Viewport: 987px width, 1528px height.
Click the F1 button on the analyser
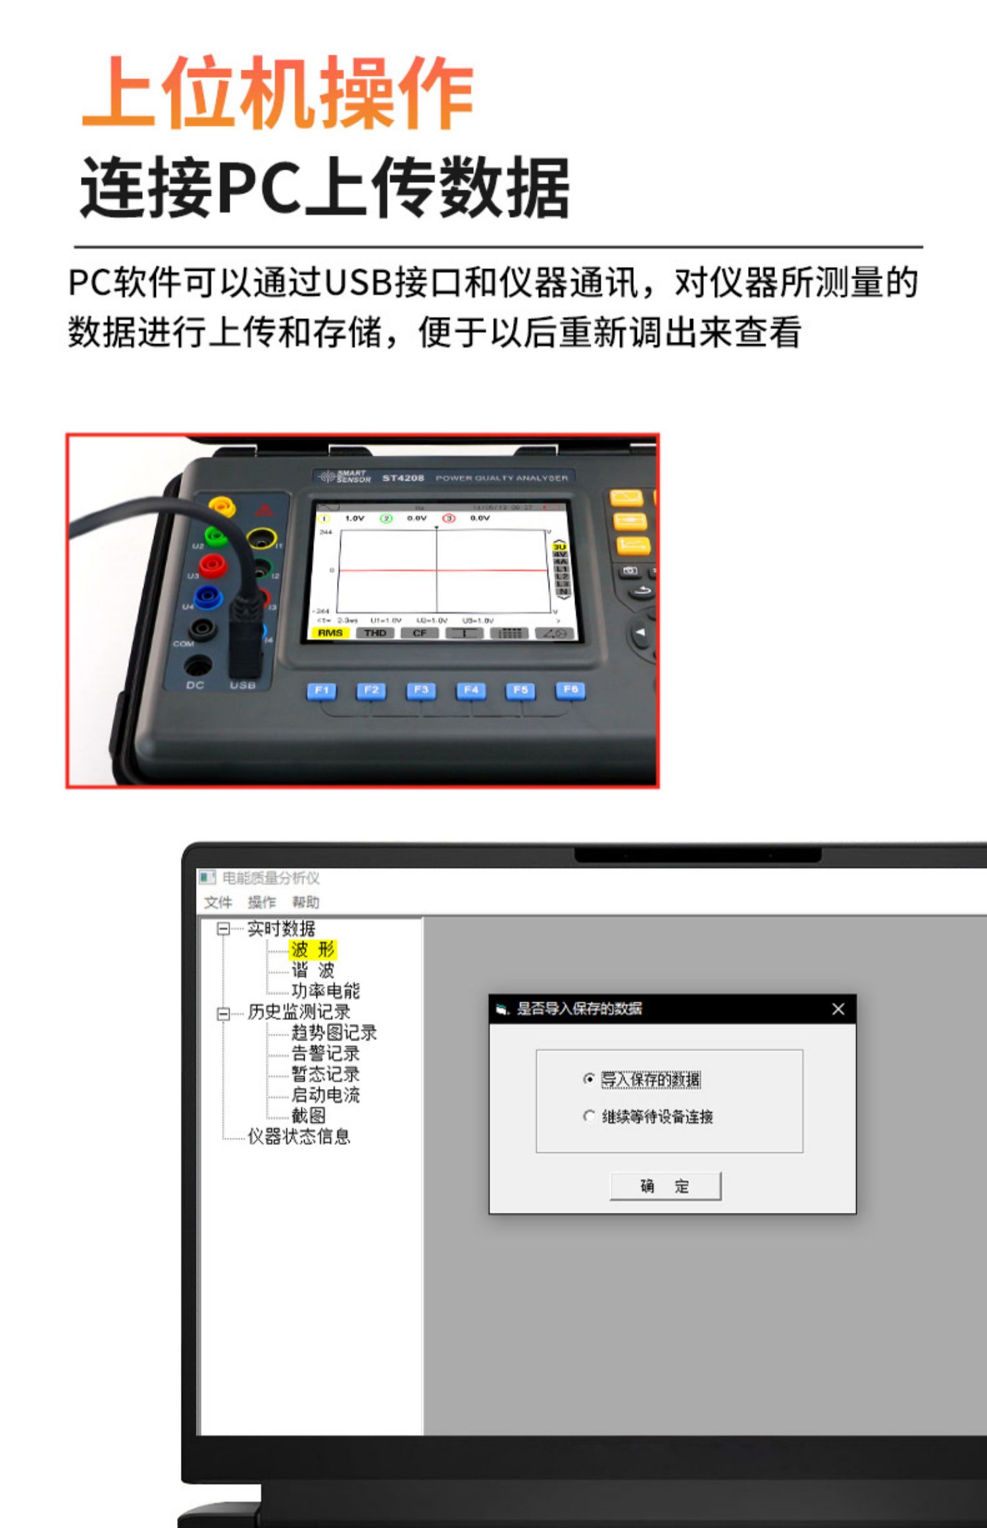[x=321, y=690]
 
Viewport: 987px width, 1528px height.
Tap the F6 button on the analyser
[x=570, y=689]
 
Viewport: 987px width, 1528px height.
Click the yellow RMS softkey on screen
[x=330, y=633]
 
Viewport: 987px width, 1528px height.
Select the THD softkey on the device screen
[x=375, y=633]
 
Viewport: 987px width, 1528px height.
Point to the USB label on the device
[x=243, y=686]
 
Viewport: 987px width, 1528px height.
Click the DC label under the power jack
[x=195, y=685]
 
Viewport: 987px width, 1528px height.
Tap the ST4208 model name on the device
[x=403, y=478]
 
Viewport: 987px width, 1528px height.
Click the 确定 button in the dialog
[x=665, y=1186]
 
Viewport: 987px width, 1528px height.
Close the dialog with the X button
[x=838, y=1009]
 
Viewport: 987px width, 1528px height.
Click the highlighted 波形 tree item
[x=313, y=949]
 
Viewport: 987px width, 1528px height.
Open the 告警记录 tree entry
[x=325, y=1053]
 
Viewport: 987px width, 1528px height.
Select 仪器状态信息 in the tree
[x=299, y=1136]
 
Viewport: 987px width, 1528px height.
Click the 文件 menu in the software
[x=218, y=902]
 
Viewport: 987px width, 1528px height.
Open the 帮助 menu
[x=305, y=902]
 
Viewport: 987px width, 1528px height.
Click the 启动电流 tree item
[x=325, y=1095]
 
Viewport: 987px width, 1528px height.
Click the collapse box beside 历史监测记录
[x=224, y=1013]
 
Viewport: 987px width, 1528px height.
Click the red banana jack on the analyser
[x=212, y=565]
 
